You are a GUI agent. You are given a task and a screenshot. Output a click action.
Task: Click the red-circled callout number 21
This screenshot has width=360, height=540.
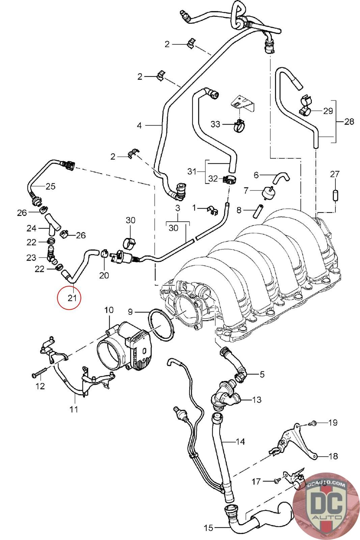(x=72, y=298)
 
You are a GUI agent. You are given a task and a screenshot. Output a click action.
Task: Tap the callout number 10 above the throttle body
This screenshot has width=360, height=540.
(x=109, y=310)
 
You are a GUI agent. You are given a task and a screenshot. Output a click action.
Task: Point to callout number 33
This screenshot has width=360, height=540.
(x=215, y=125)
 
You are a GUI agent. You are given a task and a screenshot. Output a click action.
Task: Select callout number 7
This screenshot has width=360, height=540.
(x=246, y=191)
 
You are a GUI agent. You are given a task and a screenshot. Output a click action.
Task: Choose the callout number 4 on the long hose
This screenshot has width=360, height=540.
(x=139, y=126)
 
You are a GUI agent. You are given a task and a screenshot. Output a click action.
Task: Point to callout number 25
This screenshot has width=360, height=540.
(x=50, y=186)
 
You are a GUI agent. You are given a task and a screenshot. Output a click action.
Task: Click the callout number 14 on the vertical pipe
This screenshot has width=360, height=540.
(x=240, y=441)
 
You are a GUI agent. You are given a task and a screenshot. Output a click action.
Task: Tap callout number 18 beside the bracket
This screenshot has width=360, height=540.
(x=333, y=456)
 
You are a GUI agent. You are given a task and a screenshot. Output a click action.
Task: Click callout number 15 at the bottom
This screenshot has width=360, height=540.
(x=209, y=528)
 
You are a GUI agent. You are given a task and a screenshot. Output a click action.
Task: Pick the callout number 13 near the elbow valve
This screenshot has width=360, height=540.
(x=257, y=400)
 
